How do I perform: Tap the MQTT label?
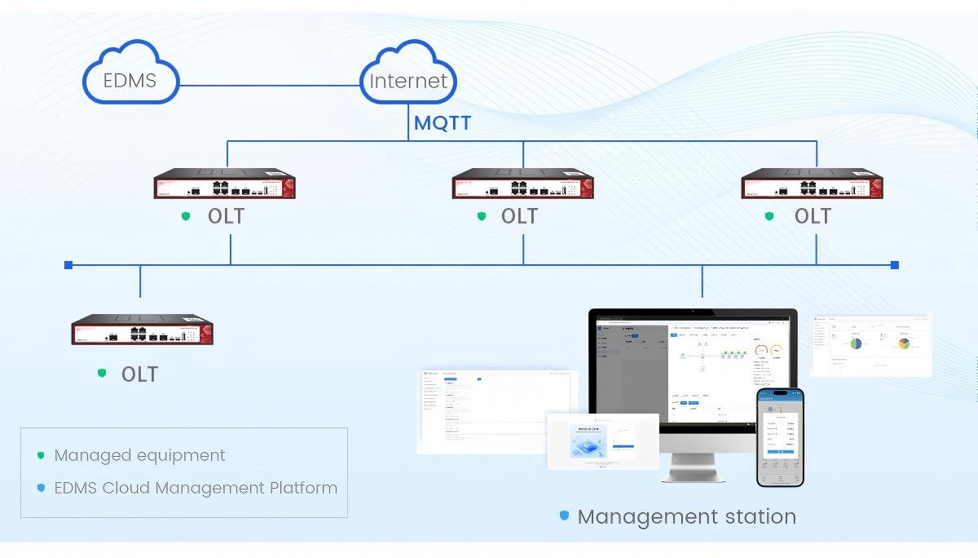443,124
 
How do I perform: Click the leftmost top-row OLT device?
225,184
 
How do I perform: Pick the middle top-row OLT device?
522,184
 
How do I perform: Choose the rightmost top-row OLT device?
812,184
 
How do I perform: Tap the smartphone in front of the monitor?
780,437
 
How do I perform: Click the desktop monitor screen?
692,368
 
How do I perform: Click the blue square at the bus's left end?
68,265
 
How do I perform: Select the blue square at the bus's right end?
895,265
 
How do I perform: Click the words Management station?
686,516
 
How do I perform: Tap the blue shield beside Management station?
564,516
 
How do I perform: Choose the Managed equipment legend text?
139,455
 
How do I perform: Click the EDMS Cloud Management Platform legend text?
196,488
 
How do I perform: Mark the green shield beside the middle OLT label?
482,216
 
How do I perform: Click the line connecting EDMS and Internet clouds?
269,85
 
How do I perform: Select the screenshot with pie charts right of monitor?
871,345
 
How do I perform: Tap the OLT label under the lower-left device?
139,374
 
